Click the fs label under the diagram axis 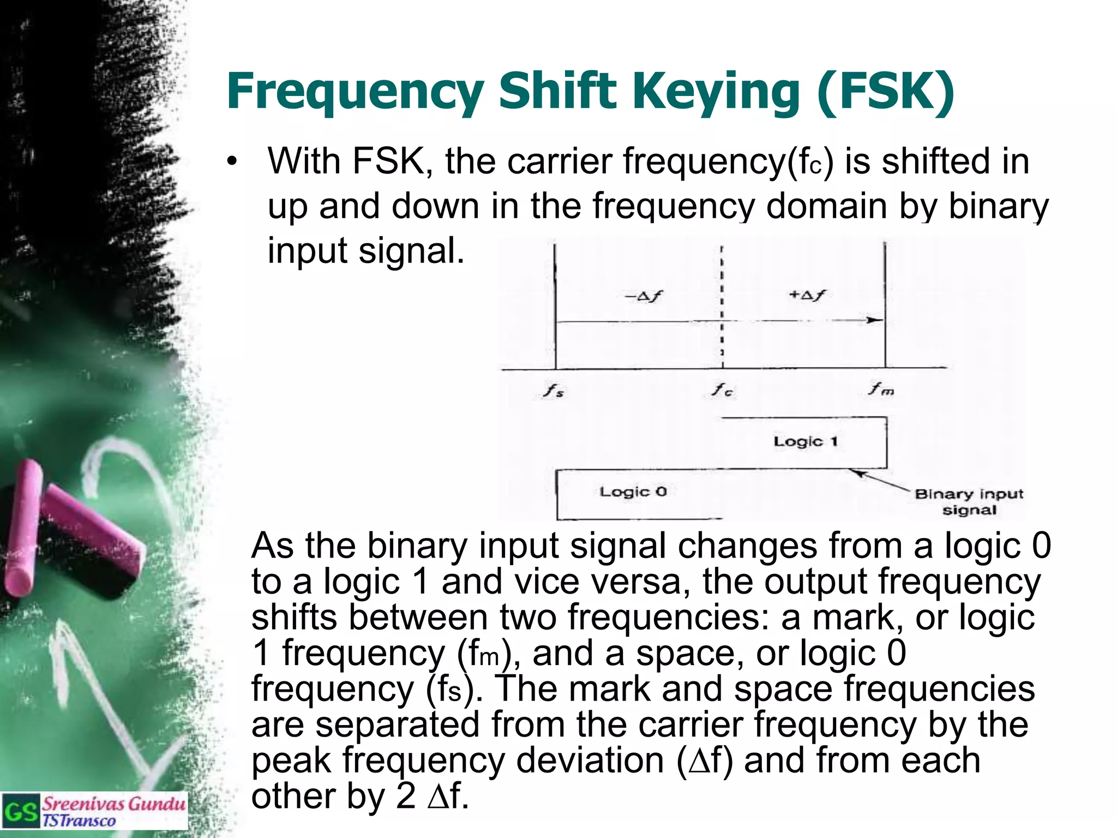[x=553, y=391]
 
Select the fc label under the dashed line [x=723, y=390]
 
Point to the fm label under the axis [x=881, y=389]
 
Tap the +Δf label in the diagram [x=807, y=295]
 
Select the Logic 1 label [x=805, y=441]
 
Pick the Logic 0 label [x=633, y=492]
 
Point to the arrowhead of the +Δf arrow [x=875, y=320]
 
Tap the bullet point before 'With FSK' [x=233, y=162]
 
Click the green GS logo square [x=21, y=811]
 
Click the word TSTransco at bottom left [x=79, y=821]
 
